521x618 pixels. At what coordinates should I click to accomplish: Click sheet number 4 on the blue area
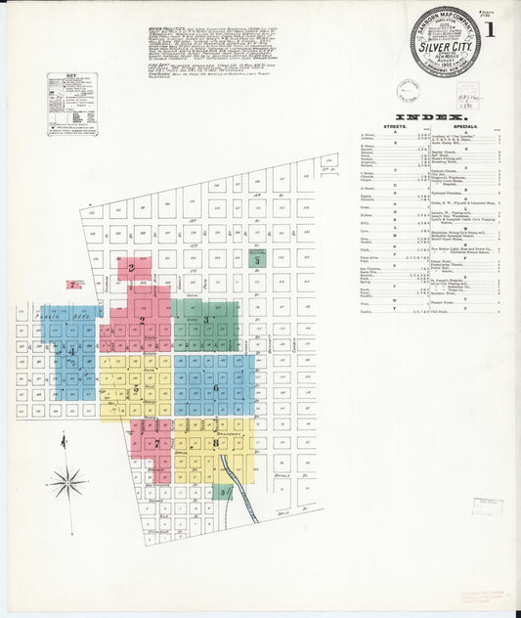[70, 350]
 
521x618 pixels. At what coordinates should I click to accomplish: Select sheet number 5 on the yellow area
[136, 390]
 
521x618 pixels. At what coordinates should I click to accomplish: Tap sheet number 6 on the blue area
[214, 387]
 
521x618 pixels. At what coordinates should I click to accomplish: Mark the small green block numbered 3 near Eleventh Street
[257, 260]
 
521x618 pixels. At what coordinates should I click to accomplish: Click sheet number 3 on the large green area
[207, 320]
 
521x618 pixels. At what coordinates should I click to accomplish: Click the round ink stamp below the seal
[409, 90]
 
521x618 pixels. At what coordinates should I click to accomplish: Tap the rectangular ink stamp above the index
[468, 97]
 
